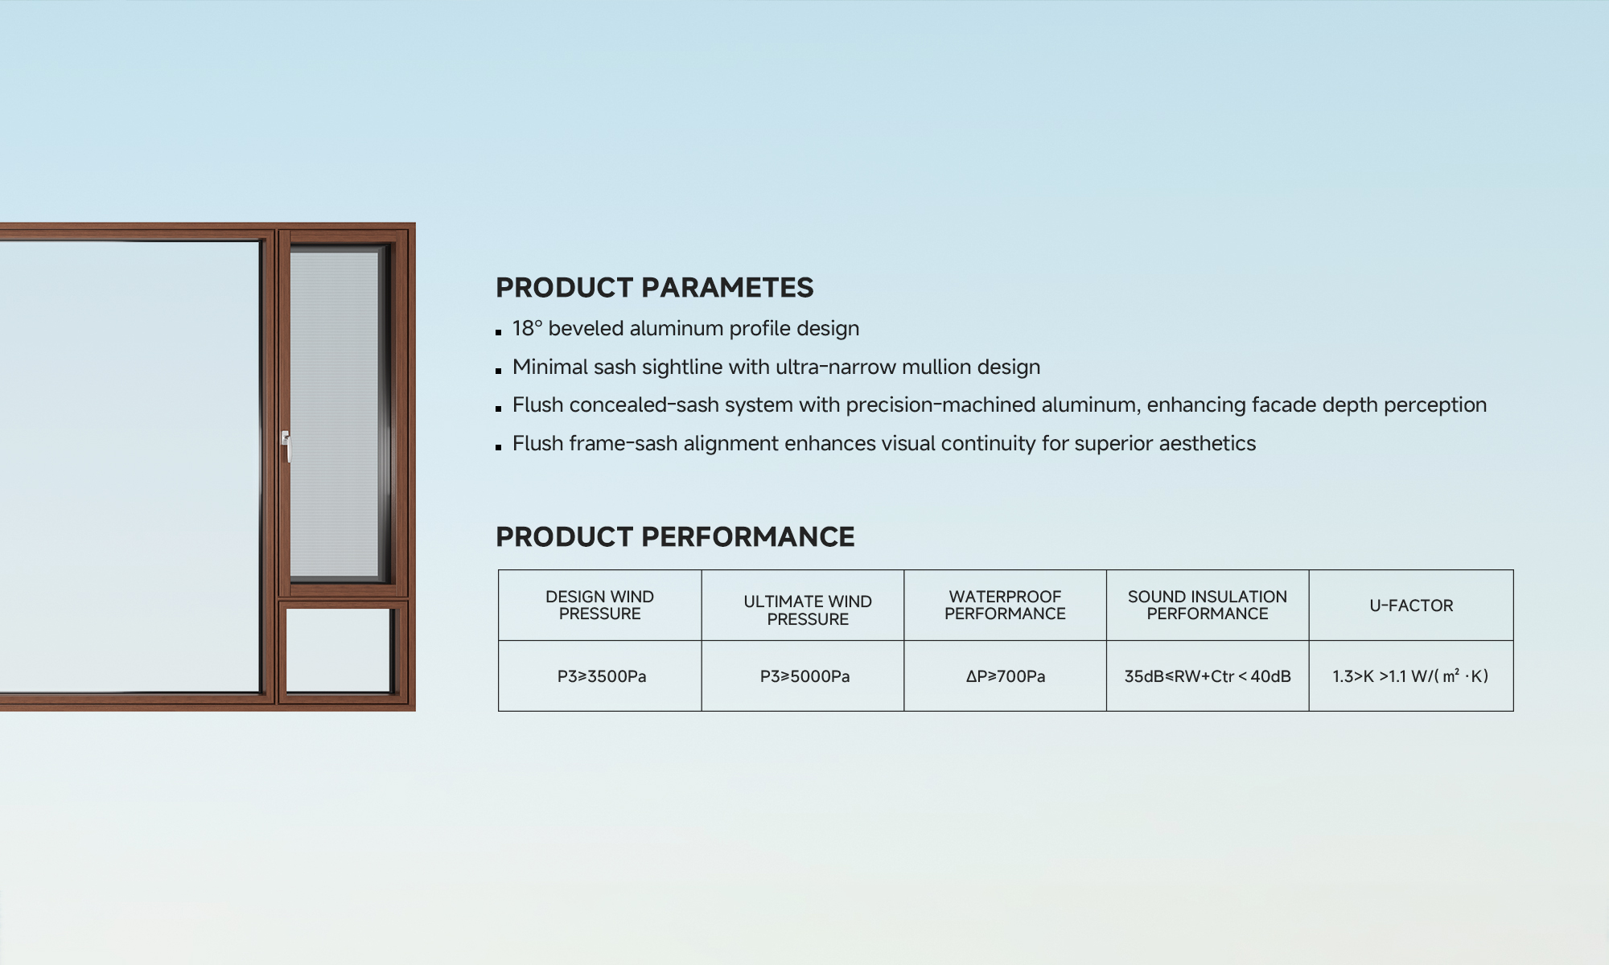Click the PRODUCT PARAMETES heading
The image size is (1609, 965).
(x=654, y=288)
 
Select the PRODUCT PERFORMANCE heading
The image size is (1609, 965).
(x=675, y=537)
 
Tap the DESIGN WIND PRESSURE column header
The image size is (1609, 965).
(x=599, y=606)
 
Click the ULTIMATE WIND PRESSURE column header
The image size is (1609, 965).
(x=808, y=610)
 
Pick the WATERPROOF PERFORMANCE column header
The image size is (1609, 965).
(x=1005, y=606)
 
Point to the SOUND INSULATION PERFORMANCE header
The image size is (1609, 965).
(x=1208, y=606)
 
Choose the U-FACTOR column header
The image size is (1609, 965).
(x=1411, y=606)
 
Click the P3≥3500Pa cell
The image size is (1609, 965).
(x=602, y=676)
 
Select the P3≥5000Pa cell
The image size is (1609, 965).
(x=804, y=676)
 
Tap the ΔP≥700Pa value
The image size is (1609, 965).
(x=1006, y=676)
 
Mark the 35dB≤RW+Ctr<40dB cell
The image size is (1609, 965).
(x=1208, y=676)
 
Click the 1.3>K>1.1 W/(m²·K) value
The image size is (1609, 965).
(x=1410, y=676)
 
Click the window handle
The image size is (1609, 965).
(x=286, y=446)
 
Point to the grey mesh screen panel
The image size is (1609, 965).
(x=334, y=414)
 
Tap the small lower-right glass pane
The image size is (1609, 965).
(x=339, y=650)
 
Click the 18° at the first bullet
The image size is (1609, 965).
(x=527, y=328)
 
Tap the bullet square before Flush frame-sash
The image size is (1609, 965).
(x=499, y=446)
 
